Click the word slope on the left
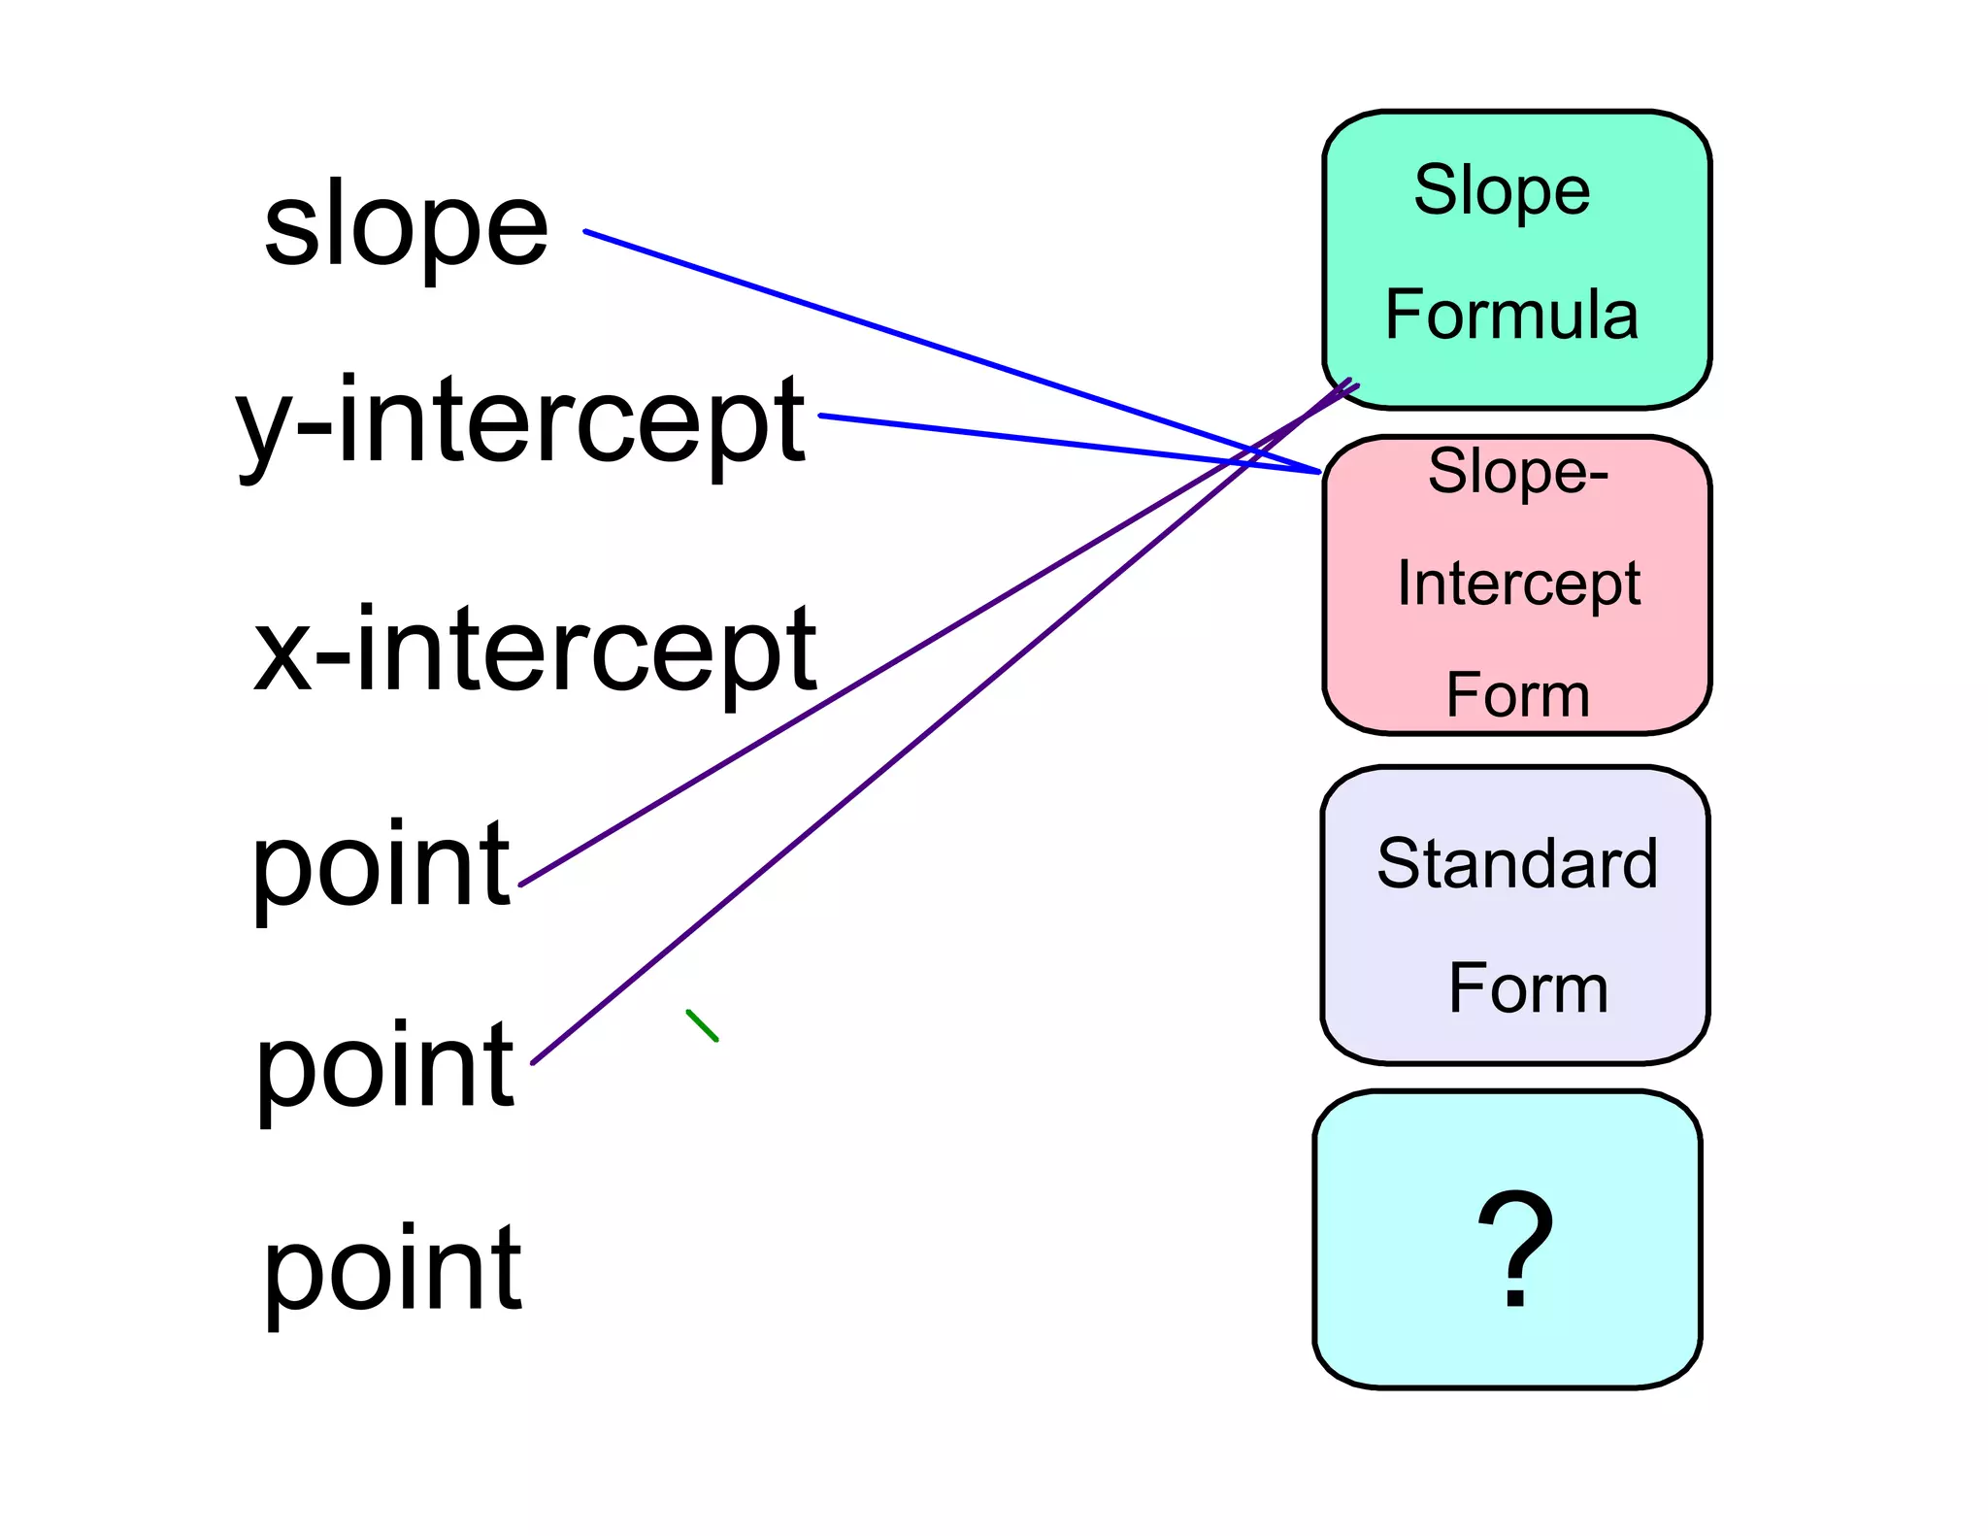coord(406,225)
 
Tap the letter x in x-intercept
coord(282,653)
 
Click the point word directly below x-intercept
coord(381,864)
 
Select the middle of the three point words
coord(384,1066)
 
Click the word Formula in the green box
coord(1511,315)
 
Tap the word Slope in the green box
coord(1502,190)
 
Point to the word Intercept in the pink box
coord(1518,584)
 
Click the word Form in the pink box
coord(1517,695)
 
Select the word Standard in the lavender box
coord(1517,863)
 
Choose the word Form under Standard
coord(1528,988)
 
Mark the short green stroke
coord(702,1025)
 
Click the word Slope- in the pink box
coord(1518,473)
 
